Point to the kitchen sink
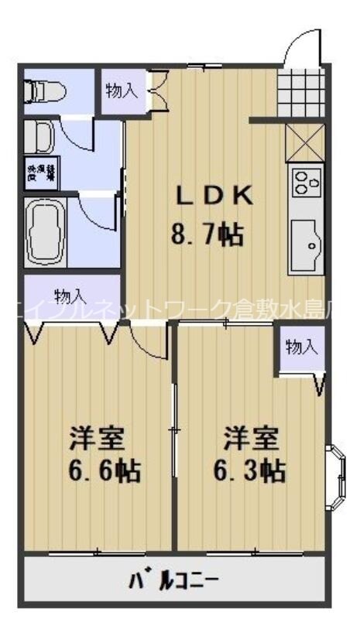(x=307, y=246)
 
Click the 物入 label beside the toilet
(x=122, y=91)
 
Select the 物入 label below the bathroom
(x=71, y=296)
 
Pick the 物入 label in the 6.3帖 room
(x=301, y=348)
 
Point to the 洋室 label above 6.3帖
(x=250, y=437)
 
